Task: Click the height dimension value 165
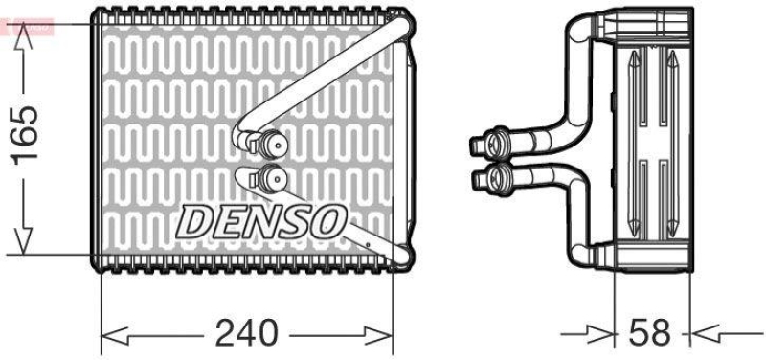coord(26,134)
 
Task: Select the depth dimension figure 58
coord(651,333)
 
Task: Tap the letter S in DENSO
coord(293,222)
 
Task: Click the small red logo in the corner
coord(28,27)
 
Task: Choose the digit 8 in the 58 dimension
coord(663,333)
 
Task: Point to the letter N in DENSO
coord(259,222)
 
